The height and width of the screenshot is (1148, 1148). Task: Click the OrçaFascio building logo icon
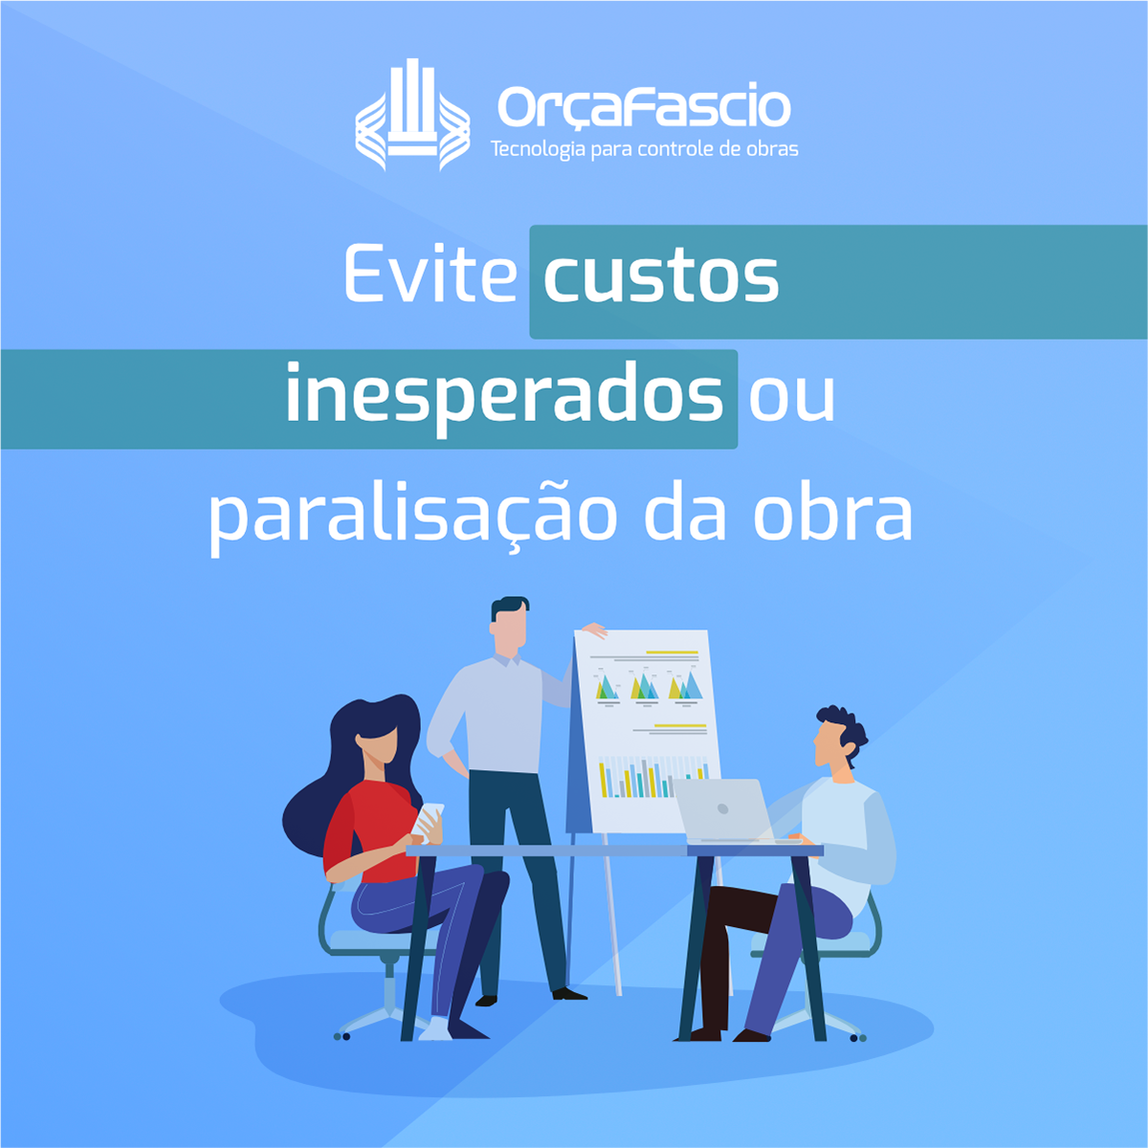coord(412,115)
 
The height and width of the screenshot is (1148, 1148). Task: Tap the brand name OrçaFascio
coord(644,107)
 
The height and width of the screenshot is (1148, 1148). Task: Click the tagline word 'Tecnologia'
coord(538,149)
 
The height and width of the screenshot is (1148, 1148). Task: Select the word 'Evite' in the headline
coord(430,274)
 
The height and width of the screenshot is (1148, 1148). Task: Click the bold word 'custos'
coord(661,277)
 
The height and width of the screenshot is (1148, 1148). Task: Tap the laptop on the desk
coord(730,811)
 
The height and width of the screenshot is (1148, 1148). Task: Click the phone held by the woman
coord(430,819)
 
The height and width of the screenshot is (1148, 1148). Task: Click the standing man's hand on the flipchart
coord(594,629)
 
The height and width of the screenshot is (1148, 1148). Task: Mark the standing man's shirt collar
coord(506,659)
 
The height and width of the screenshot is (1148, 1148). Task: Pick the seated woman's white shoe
coord(435,1028)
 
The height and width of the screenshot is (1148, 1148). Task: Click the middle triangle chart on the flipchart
coord(645,686)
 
